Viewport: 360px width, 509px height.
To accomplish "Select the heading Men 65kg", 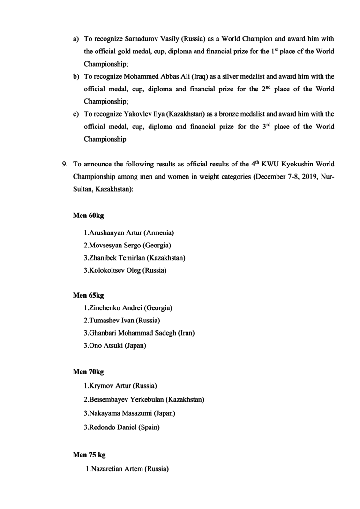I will (x=88, y=296).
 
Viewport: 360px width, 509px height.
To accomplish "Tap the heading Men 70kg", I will (x=88, y=372).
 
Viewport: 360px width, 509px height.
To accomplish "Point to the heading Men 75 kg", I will (x=90, y=455).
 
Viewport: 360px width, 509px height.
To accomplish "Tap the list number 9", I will (x=65, y=164).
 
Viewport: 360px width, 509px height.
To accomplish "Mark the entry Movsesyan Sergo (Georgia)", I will (x=127, y=245).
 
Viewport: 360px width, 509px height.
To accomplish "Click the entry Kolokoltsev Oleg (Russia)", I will (x=125, y=270).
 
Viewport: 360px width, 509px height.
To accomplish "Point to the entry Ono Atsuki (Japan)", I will (x=115, y=346).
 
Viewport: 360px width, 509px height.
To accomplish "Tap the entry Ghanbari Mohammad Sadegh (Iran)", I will (x=139, y=333).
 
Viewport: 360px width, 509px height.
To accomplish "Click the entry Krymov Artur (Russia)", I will (x=120, y=386).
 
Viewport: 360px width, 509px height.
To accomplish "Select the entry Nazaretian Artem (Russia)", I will (x=127, y=469).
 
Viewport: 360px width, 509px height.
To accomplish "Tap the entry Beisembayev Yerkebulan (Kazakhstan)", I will (x=144, y=400).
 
